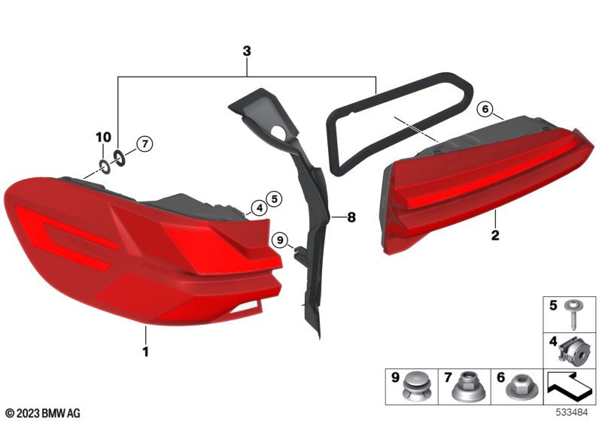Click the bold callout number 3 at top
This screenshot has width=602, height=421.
click(x=247, y=50)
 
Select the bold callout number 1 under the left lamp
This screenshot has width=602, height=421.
click(x=145, y=351)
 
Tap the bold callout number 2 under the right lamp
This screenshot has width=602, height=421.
click(x=495, y=235)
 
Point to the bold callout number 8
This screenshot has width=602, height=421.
click(x=351, y=217)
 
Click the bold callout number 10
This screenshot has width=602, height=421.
click(x=103, y=137)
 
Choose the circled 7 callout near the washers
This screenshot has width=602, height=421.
click(x=144, y=144)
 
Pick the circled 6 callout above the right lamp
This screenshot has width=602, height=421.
click(x=485, y=110)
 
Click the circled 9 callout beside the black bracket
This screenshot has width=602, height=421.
click(x=279, y=241)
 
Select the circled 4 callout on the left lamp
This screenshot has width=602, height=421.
click(x=260, y=208)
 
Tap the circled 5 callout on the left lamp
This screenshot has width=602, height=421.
click(x=274, y=199)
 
